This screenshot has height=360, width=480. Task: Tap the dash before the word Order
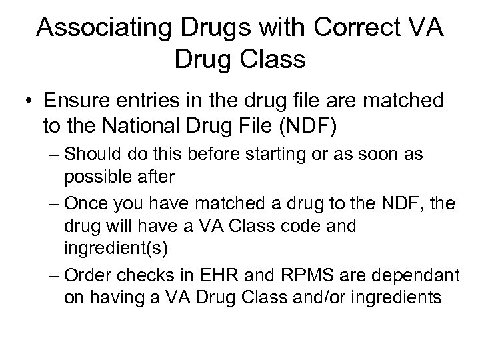point(55,276)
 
